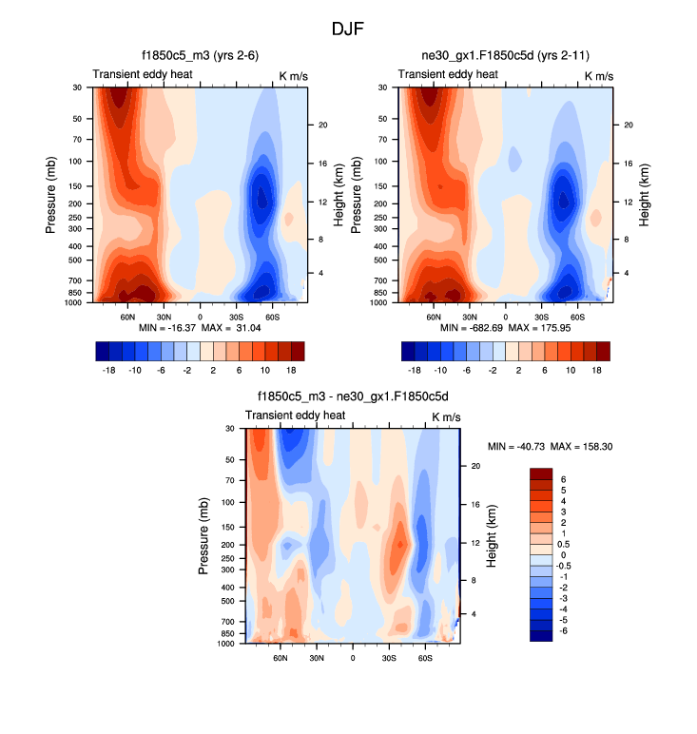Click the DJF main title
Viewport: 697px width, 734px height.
348,29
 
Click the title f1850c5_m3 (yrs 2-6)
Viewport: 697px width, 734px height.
200,56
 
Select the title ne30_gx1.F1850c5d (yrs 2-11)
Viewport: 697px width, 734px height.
505,56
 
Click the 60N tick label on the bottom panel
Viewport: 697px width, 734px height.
281,657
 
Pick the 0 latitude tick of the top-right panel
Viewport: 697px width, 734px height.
505,316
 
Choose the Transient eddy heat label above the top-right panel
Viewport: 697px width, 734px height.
447,74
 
